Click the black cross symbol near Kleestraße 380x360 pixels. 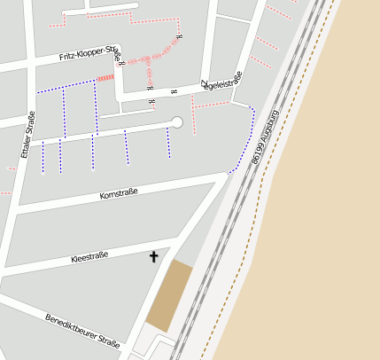point(153,256)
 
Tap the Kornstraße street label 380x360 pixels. point(119,193)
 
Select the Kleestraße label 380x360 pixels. point(89,257)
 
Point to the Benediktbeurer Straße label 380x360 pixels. point(82,330)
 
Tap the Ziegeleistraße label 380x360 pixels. point(221,85)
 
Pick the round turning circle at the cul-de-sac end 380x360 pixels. point(176,122)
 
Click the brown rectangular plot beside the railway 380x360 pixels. point(168,296)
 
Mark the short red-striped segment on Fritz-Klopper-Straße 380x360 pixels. point(105,79)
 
